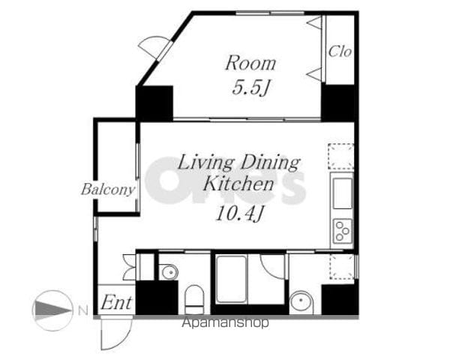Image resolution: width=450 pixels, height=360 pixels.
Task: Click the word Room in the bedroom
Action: pos(250,64)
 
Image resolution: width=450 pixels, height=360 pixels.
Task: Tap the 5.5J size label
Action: pos(250,87)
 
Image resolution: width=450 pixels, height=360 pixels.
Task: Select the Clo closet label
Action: pos(340,52)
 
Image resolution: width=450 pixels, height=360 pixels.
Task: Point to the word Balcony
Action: pos(108,190)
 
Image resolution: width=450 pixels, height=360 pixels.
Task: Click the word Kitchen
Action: pos(238,184)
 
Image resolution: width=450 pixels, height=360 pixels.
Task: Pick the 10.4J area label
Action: pos(239,214)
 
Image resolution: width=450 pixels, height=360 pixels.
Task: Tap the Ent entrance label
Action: pos(116,302)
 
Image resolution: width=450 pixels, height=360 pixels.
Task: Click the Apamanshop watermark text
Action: pos(225,323)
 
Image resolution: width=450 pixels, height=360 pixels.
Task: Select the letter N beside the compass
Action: pos(83,310)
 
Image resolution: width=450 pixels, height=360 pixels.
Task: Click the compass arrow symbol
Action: pos(52,310)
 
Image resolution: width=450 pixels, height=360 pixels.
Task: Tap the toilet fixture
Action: pos(194,300)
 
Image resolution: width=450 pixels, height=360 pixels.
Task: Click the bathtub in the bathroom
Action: pos(231,279)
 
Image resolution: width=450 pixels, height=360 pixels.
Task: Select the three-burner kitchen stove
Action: pos(343,230)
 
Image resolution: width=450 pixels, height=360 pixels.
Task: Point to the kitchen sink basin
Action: pos(343,193)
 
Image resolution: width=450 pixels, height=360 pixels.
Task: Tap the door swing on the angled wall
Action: pos(151,46)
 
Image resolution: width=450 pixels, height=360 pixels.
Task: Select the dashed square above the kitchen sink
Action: pos(341,156)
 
